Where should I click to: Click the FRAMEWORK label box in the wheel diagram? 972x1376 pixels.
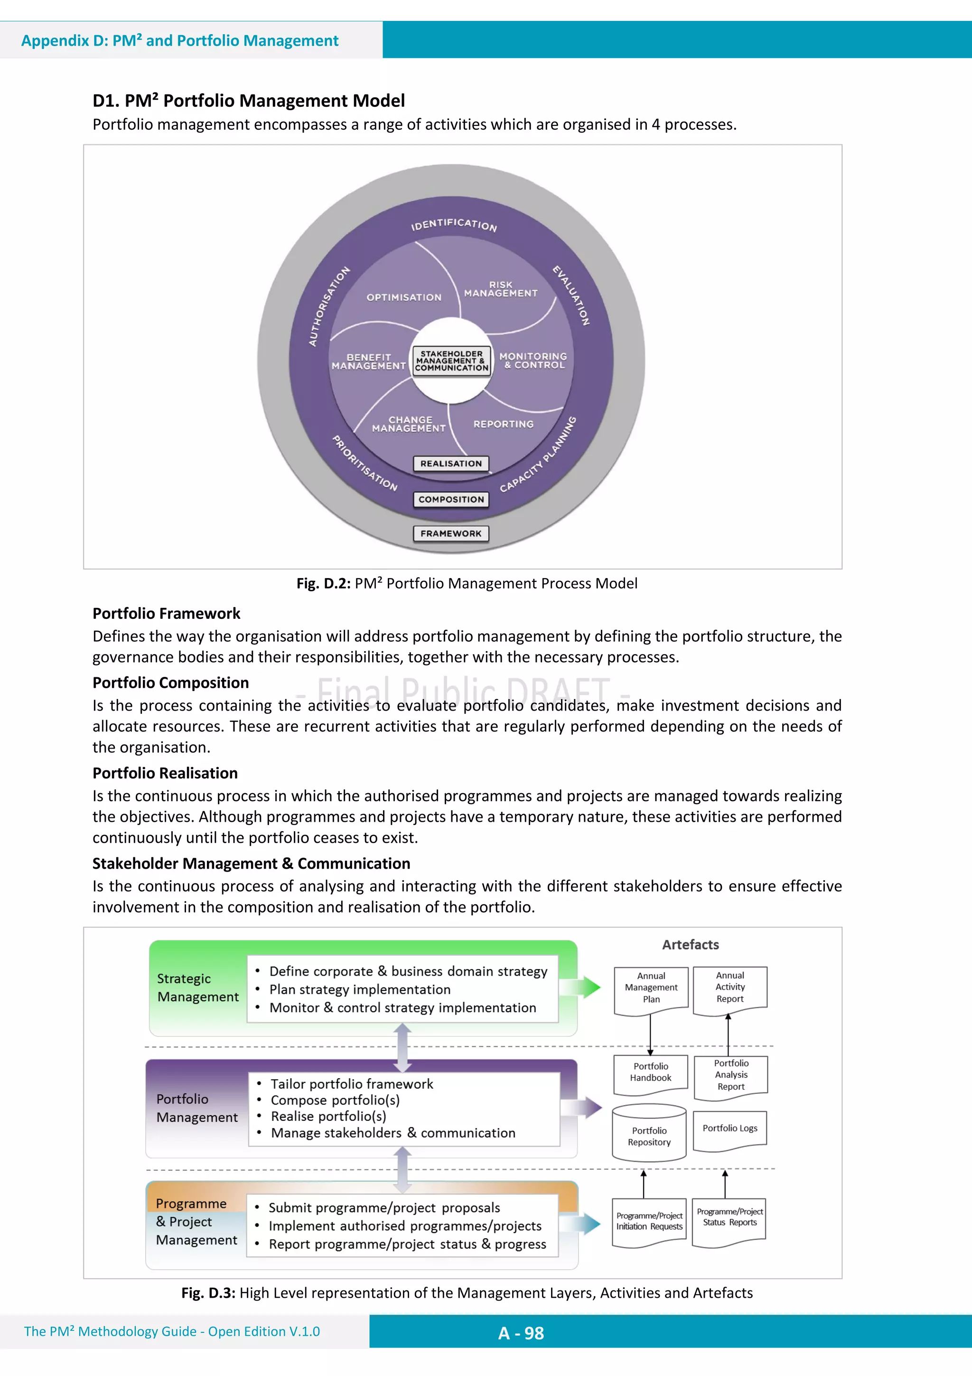coord(451,533)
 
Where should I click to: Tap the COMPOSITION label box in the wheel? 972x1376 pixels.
coord(451,499)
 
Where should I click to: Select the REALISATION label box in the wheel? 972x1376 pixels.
coord(451,463)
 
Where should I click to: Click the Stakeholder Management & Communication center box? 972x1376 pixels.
coord(451,361)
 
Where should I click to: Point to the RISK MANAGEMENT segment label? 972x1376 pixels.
coord(501,289)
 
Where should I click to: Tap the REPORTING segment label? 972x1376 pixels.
coord(503,424)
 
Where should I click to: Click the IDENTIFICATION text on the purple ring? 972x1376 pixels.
coord(454,225)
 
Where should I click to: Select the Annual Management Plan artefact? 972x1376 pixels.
coord(651,988)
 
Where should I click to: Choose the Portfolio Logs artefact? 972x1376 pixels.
coord(730,1129)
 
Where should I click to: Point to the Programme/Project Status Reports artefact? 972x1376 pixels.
coord(729,1218)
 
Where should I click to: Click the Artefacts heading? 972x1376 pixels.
coord(691,945)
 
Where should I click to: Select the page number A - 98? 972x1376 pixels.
coord(521,1333)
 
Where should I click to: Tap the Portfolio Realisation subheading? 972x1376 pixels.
coord(165,773)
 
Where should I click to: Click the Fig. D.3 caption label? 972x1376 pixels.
coord(208,1293)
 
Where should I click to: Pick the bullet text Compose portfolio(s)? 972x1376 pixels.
coord(335,1101)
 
